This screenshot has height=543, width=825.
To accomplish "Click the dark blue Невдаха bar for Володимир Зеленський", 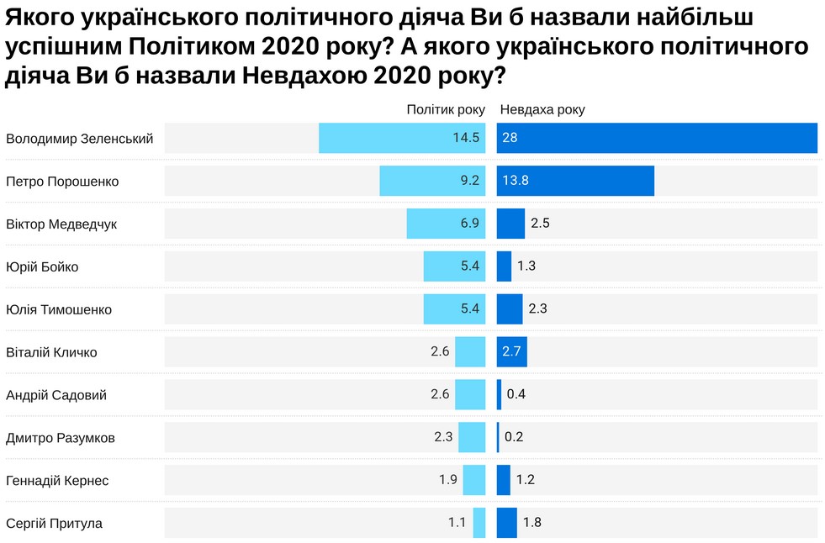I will (656, 138).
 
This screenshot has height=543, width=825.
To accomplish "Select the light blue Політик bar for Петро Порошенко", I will (432, 181).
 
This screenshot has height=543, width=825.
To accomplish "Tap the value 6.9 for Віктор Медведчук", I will (468, 224).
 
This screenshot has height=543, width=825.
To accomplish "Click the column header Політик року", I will (446, 109).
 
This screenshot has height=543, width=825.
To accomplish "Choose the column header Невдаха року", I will (542, 109).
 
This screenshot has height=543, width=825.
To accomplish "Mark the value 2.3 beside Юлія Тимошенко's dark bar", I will (538, 309).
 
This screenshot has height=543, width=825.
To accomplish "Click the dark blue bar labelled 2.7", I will (511, 351).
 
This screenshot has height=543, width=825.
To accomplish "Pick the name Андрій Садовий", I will (56, 395).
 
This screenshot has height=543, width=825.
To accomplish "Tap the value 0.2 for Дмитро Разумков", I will (514, 437).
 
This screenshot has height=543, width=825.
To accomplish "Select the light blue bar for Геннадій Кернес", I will (474, 480).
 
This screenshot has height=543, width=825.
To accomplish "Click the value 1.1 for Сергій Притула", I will (457, 523).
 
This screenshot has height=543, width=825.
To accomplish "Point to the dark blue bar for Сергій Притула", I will (507, 523).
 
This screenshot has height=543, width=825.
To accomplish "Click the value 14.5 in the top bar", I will (466, 138).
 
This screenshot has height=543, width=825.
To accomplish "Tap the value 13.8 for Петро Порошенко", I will (515, 181).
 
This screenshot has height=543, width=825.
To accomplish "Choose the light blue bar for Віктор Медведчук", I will (446, 224).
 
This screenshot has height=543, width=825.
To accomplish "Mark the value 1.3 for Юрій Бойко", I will (526, 266).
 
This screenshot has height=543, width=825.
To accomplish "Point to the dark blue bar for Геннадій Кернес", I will (504, 480).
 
